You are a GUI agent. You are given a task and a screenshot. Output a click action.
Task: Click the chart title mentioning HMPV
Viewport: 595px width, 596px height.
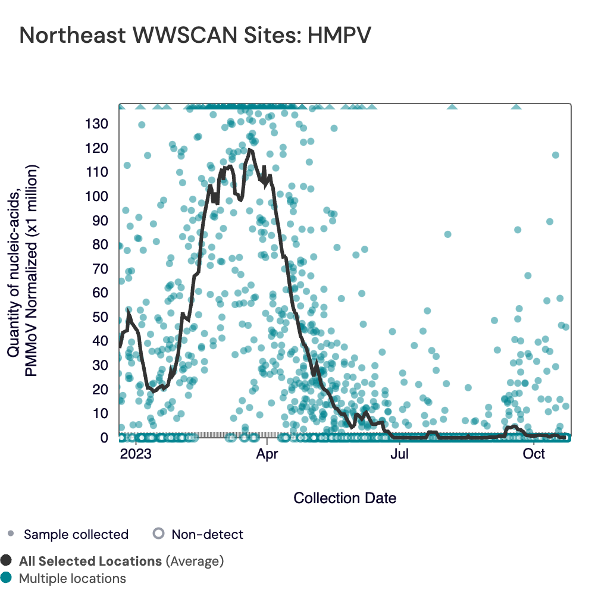pyautogui.click(x=195, y=35)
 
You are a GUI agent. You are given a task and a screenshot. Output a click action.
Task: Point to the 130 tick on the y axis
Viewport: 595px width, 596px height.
pyautogui.click(x=95, y=124)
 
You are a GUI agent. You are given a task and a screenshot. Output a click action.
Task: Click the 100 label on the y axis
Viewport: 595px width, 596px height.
pyautogui.click(x=95, y=196)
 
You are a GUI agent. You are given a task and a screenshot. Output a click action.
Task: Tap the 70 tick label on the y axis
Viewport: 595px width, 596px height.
pyautogui.click(x=99, y=269)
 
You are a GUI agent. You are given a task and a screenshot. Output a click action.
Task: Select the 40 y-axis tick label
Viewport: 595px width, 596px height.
pyautogui.click(x=99, y=341)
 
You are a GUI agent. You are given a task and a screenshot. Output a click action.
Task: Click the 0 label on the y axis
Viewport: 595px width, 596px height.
pyautogui.click(x=104, y=438)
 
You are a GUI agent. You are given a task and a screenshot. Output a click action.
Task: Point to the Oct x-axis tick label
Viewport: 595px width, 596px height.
pyautogui.click(x=534, y=455)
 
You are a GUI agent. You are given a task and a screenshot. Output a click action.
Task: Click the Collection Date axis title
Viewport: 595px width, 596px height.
pyautogui.click(x=345, y=498)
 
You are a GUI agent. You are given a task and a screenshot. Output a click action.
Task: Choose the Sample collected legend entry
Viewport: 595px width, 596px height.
pyautogui.click(x=76, y=534)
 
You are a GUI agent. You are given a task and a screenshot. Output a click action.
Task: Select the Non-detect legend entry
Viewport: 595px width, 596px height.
pyautogui.click(x=207, y=534)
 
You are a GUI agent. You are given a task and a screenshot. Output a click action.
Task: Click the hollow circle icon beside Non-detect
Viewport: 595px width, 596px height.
pyautogui.click(x=158, y=534)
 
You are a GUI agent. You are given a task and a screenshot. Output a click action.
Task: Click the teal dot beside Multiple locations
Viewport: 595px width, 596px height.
pyautogui.click(x=7, y=578)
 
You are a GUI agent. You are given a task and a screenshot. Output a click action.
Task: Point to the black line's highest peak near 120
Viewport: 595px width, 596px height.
pyautogui.click(x=250, y=150)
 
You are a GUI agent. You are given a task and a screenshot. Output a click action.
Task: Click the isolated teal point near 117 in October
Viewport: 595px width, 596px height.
pyautogui.click(x=556, y=155)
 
